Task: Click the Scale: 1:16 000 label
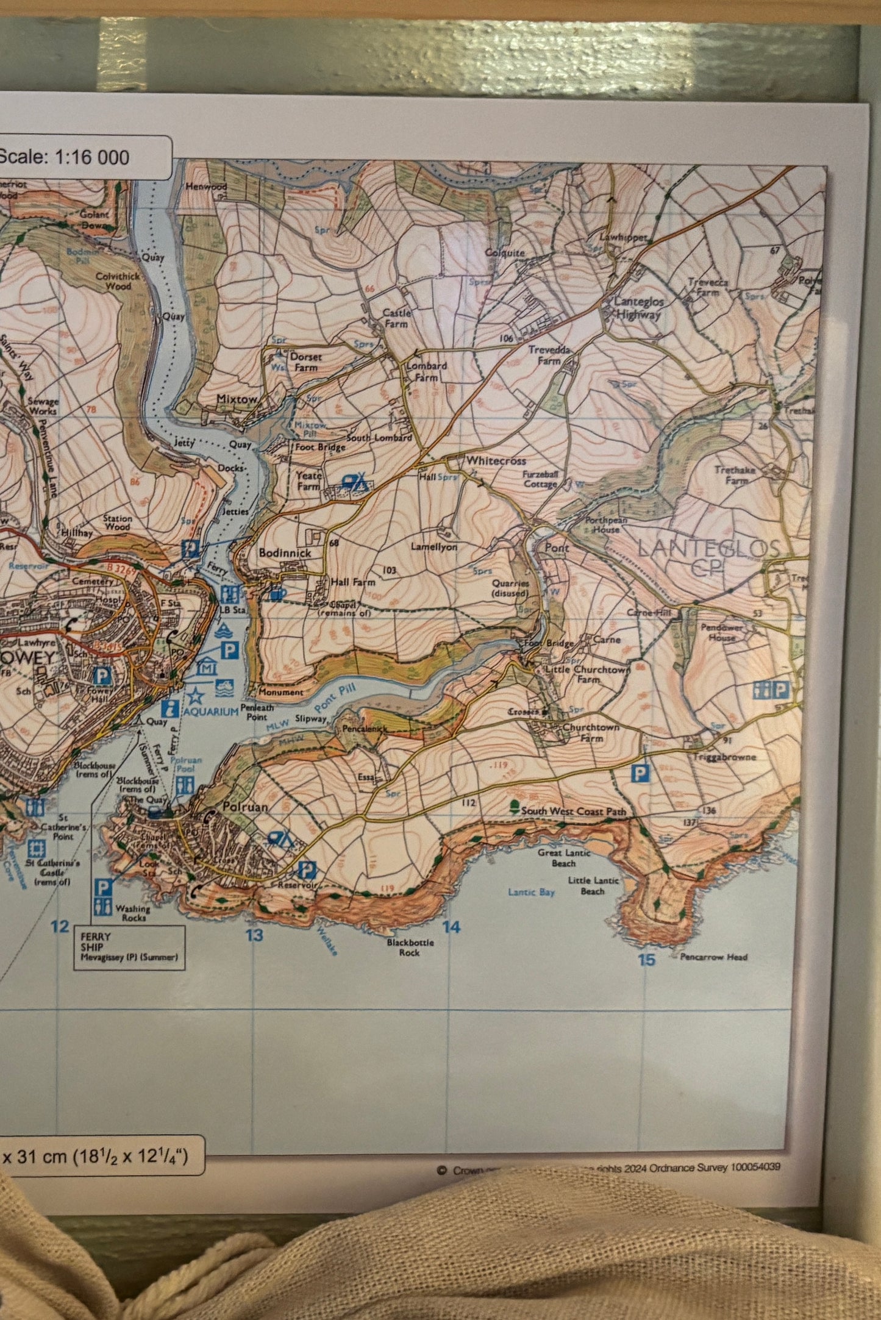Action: click(64, 157)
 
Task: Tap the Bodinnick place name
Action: click(285, 553)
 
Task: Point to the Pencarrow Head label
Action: click(714, 957)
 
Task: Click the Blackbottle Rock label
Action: click(410, 947)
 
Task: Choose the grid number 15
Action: click(646, 960)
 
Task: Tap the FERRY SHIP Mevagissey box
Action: click(129, 947)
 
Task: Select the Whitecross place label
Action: click(496, 461)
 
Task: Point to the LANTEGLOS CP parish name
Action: click(708, 556)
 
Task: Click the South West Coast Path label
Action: click(573, 812)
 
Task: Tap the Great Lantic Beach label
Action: click(564, 858)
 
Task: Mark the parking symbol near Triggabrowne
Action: click(640, 774)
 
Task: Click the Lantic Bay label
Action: click(531, 892)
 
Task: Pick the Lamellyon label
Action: click(433, 547)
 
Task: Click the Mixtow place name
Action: click(237, 399)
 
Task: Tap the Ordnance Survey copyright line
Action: click(610, 1167)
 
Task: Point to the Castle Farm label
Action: click(396, 318)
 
